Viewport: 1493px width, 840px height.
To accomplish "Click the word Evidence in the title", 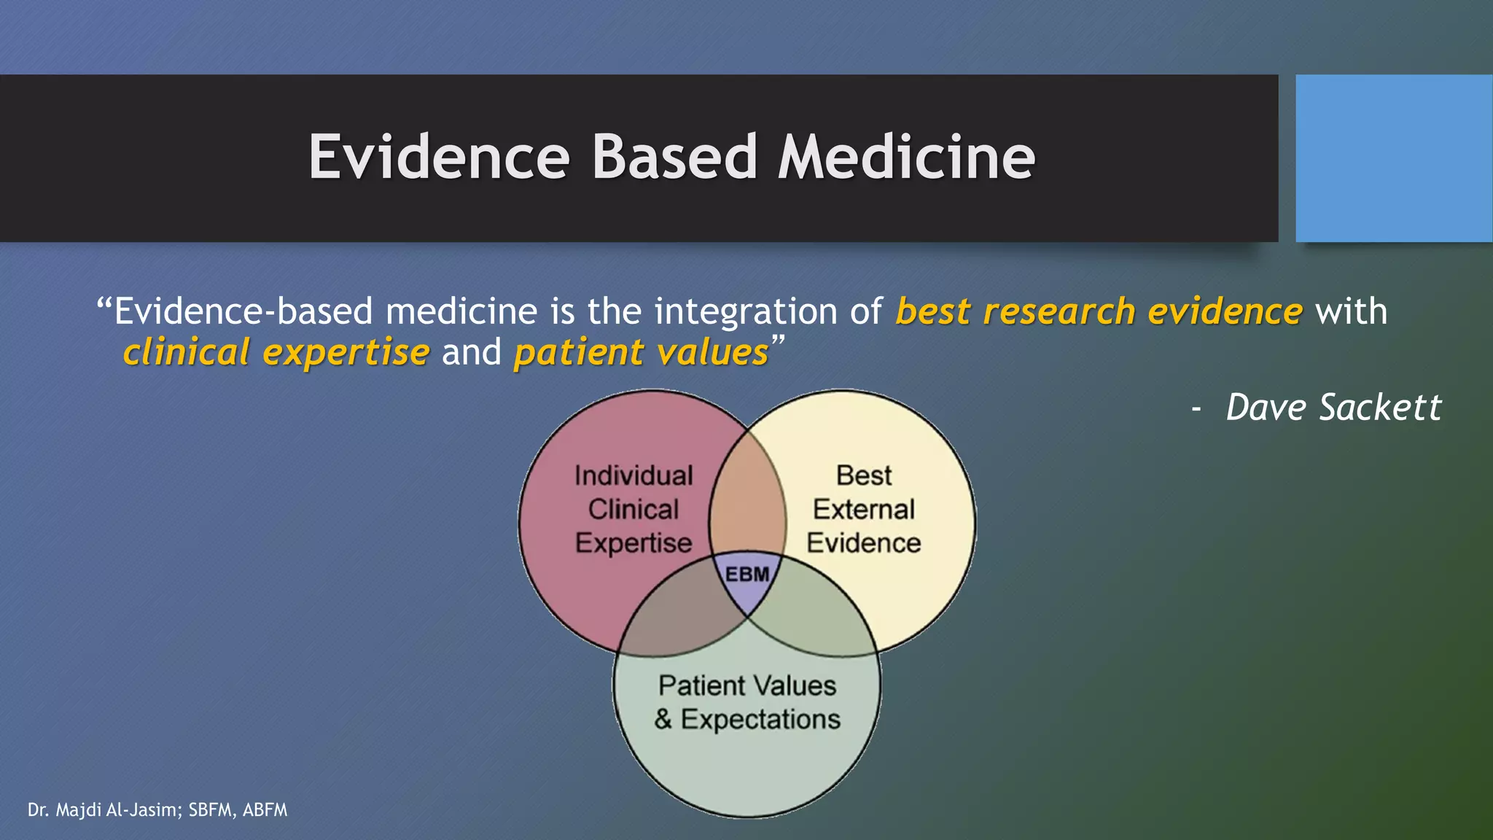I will tap(439, 157).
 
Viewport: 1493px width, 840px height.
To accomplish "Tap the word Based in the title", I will tap(674, 157).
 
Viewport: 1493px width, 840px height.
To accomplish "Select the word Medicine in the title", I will tap(906, 157).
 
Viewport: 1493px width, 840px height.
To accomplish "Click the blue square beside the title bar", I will tap(1393, 158).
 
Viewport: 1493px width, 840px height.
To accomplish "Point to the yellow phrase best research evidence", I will tap(1099, 312).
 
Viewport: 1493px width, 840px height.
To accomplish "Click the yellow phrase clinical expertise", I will tap(276, 353).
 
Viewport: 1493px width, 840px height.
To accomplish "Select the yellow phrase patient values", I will tap(641, 353).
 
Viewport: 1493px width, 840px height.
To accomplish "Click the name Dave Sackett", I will tap(1333, 408).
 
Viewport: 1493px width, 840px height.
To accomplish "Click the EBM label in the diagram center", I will tap(747, 575).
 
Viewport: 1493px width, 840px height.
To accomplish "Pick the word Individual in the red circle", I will tap(634, 476).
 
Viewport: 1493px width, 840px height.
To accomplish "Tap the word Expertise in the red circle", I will tap(634, 543).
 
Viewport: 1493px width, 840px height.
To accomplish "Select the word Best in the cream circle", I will tap(864, 476).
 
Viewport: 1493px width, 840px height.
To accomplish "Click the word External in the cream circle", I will tap(864, 510).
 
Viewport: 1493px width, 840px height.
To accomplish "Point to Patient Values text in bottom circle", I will tap(747, 686).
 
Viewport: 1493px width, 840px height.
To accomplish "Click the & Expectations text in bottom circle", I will tap(747, 720).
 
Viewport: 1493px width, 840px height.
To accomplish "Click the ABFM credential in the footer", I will tap(265, 810).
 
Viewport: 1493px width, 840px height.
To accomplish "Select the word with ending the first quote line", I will tap(1351, 312).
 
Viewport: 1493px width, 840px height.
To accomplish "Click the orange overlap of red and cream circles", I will tap(747, 503).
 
